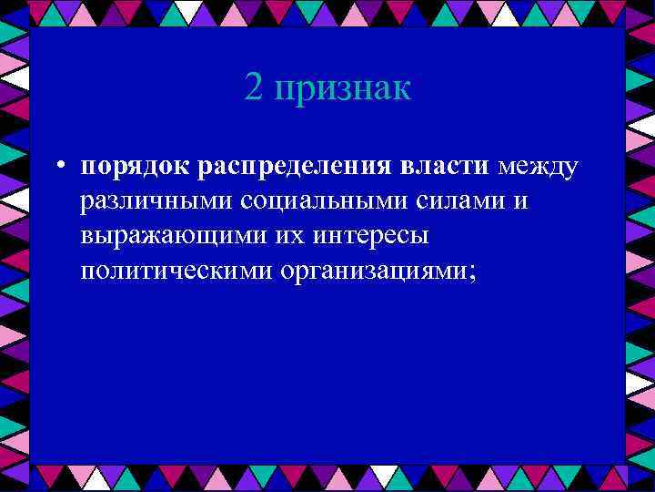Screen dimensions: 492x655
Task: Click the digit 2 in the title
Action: [x=254, y=88]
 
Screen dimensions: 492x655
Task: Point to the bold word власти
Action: [x=439, y=167]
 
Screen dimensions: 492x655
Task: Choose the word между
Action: [x=537, y=168]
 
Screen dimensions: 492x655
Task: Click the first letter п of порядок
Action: [x=87, y=169]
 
